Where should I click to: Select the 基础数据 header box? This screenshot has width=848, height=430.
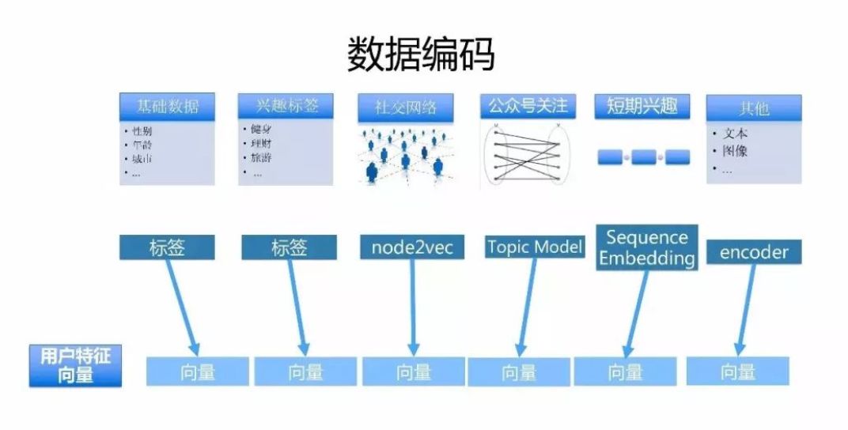pyautogui.click(x=167, y=107)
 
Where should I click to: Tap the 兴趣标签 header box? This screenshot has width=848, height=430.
pyautogui.click(x=283, y=107)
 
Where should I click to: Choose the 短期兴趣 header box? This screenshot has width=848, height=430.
pyautogui.click(x=642, y=106)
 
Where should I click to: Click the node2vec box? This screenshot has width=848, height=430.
pyautogui.click(x=411, y=247)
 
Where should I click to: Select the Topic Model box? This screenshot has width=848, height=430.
pyautogui.click(x=535, y=247)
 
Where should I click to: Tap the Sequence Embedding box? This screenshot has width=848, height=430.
pyautogui.click(x=647, y=247)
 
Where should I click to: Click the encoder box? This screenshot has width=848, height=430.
pyautogui.click(x=754, y=252)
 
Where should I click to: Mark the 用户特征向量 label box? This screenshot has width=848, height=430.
pyautogui.click(x=75, y=365)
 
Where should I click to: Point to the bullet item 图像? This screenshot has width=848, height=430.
pyautogui.click(x=734, y=151)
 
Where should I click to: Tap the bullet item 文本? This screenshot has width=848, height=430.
pyautogui.click(x=734, y=134)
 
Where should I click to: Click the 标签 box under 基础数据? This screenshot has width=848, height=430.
pyautogui.click(x=167, y=247)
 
